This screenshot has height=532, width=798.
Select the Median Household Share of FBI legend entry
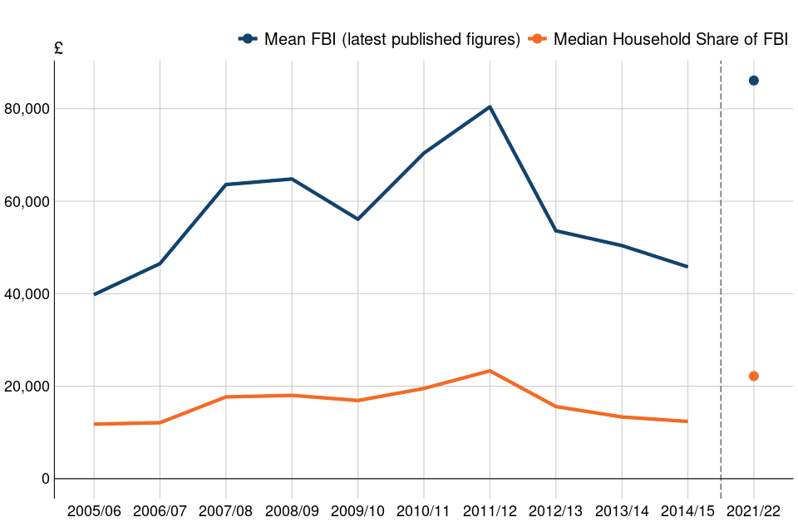(658, 39)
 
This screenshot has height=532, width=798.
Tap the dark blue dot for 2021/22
(753, 81)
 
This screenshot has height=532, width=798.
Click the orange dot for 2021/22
(753, 376)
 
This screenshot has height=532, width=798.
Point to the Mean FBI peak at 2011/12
(490, 106)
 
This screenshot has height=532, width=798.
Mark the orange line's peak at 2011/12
(490, 371)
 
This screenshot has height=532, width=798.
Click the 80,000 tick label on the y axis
(27, 109)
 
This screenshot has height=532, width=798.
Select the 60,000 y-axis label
(27, 201)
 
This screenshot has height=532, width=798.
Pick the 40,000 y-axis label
(27, 294)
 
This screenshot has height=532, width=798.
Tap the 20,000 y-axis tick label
(27, 387)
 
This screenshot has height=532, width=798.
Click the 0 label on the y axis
(46, 480)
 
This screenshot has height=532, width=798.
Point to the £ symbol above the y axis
(58, 49)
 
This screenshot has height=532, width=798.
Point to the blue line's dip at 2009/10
(357, 219)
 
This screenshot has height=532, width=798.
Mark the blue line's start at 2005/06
(94, 294)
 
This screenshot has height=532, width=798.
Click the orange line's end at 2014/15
(687, 421)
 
